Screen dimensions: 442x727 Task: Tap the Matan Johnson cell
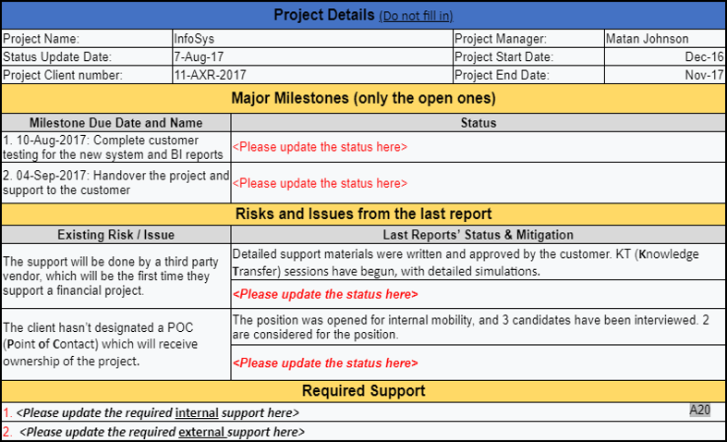click(x=647, y=39)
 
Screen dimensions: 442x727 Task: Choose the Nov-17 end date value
click(x=707, y=76)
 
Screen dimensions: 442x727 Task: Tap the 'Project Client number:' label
click(x=63, y=76)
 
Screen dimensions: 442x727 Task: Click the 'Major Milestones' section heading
click(x=363, y=98)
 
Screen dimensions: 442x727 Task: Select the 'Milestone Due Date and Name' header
click(x=115, y=122)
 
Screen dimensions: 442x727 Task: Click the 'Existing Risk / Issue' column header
click(x=115, y=235)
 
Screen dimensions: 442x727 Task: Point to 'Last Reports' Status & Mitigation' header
click(x=478, y=235)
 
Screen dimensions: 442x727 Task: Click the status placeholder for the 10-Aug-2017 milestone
click(x=320, y=147)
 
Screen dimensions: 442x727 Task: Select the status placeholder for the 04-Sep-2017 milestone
click(x=320, y=183)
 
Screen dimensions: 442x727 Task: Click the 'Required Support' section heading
click(x=363, y=391)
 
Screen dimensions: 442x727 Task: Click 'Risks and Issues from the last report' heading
click(x=363, y=214)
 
